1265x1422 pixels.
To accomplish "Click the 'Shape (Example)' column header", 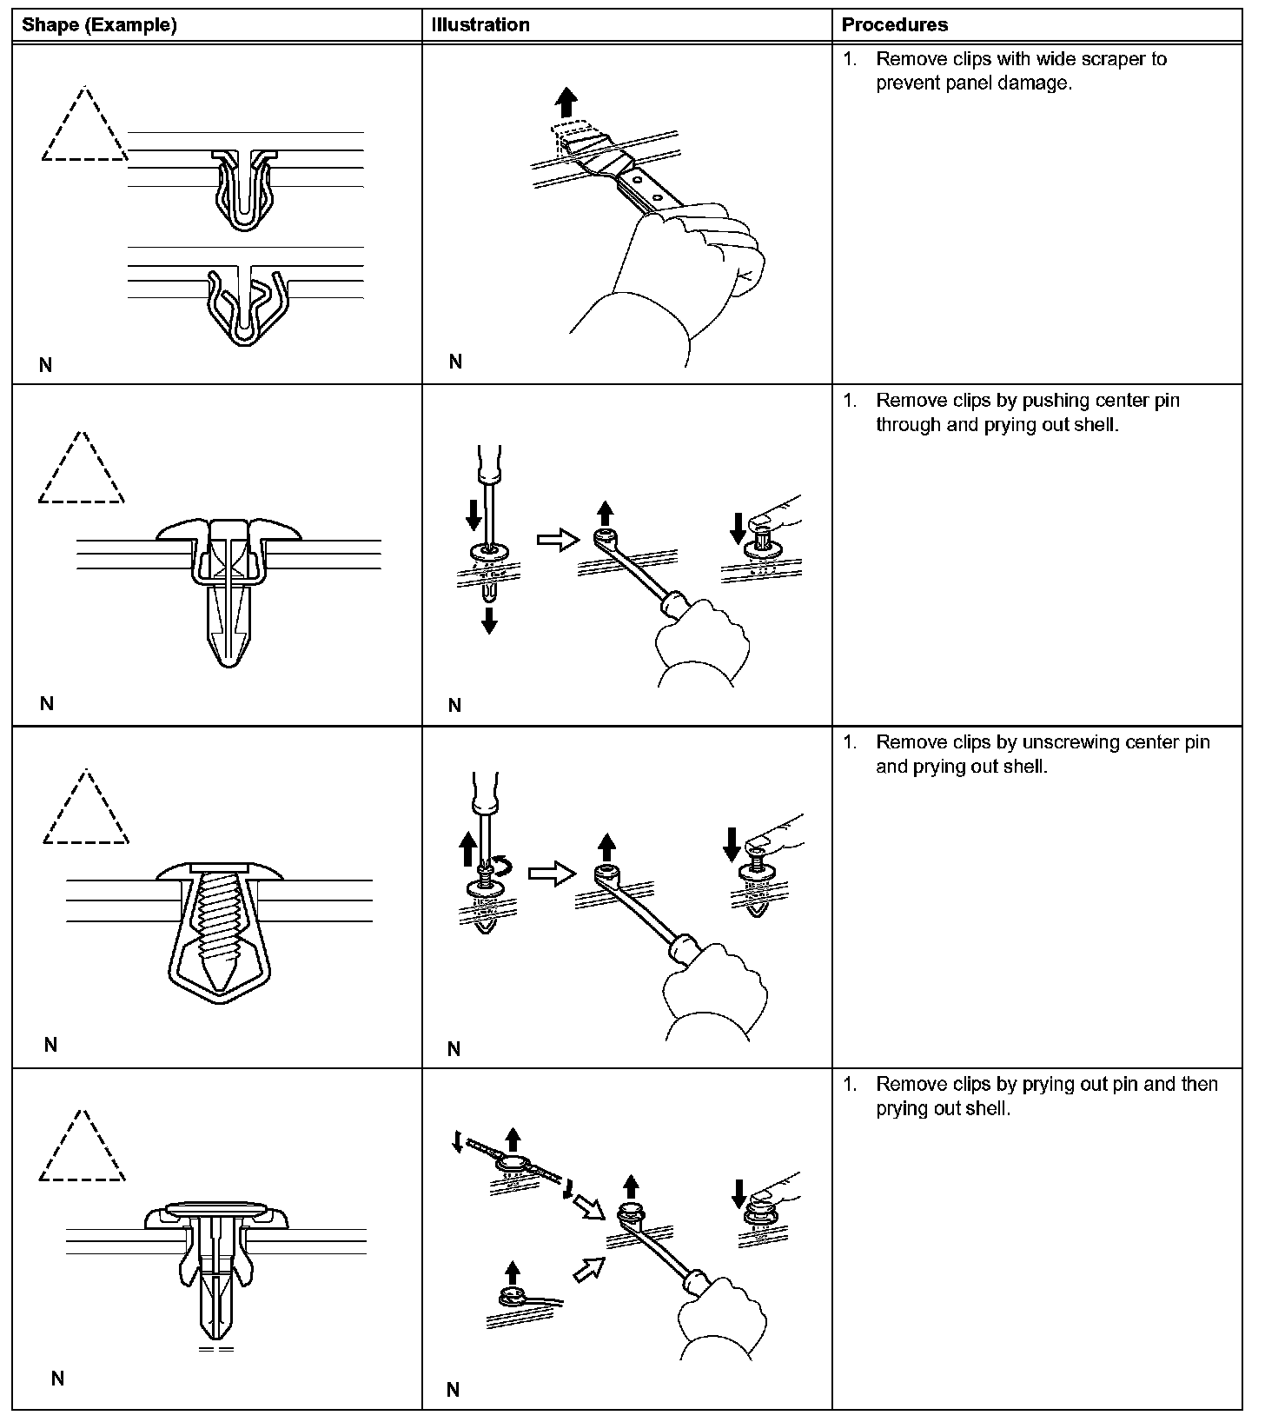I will pos(99,25).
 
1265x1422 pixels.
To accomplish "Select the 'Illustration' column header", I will pos(480,25).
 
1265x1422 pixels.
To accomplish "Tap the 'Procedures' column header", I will pos(895,25).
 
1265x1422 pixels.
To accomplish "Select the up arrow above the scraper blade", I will pos(566,104).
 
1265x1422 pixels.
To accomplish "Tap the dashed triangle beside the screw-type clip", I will pos(85,810).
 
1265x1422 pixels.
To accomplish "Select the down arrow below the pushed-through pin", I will pos(489,621).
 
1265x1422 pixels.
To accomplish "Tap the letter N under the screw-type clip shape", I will pos(50,1045).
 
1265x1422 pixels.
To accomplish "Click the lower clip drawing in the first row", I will pos(245,304).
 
